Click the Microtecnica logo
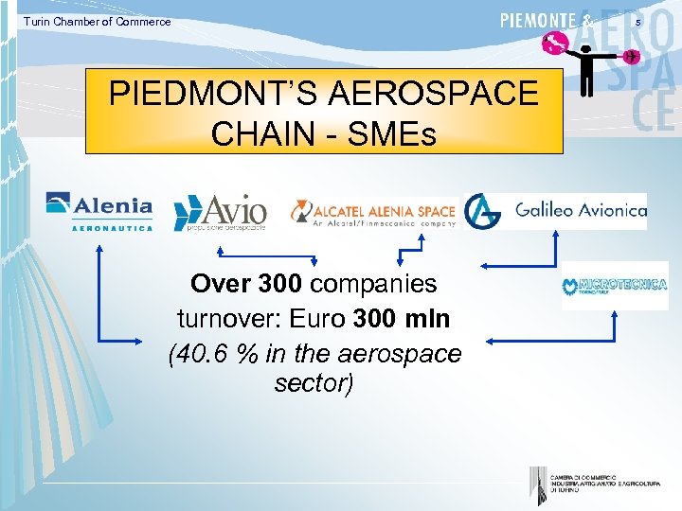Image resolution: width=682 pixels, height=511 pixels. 614,285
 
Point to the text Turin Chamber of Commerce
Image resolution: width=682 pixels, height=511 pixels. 98,22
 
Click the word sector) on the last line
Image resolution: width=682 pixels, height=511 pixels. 314,384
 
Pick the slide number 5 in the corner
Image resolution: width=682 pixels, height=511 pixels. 665,21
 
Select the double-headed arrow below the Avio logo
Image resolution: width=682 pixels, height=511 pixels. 268,253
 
